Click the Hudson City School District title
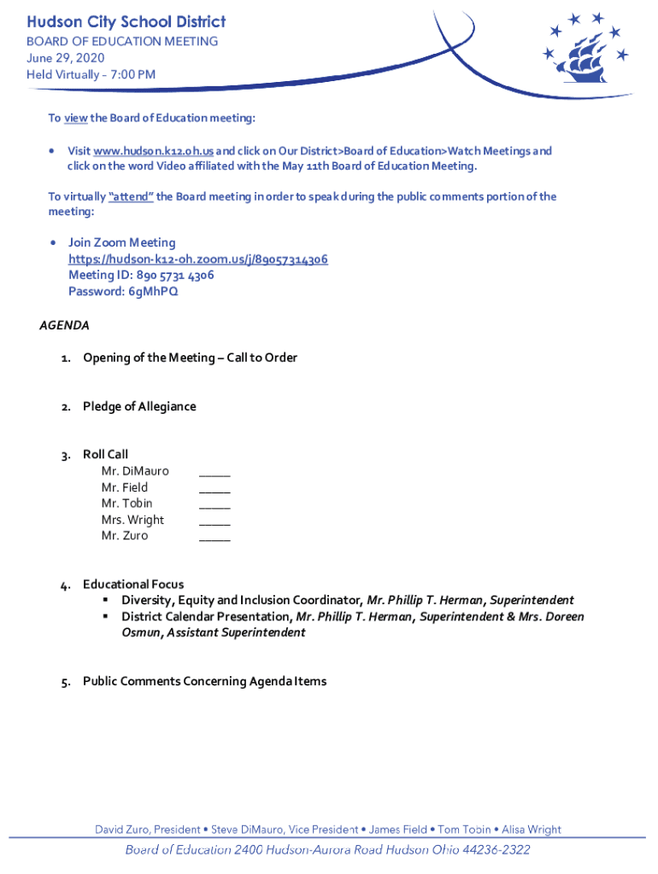pyautogui.click(x=126, y=21)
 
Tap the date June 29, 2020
pyautogui.click(x=65, y=57)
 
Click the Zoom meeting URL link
pyautogui.click(x=198, y=259)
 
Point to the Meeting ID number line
pyautogui.click(x=141, y=276)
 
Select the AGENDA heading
pyautogui.click(x=65, y=325)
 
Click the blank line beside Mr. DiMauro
pyautogui.click(x=214, y=471)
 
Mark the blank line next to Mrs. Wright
pyautogui.click(x=214, y=520)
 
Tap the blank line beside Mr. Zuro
pyautogui.click(x=214, y=536)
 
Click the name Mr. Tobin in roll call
pyautogui.click(x=126, y=504)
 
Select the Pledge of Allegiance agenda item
pyautogui.click(x=139, y=406)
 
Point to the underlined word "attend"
pyautogui.click(x=132, y=197)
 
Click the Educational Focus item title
pyautogui.click(x=133, y=585)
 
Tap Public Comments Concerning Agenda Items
pyautogui.click(x=204, y=681)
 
